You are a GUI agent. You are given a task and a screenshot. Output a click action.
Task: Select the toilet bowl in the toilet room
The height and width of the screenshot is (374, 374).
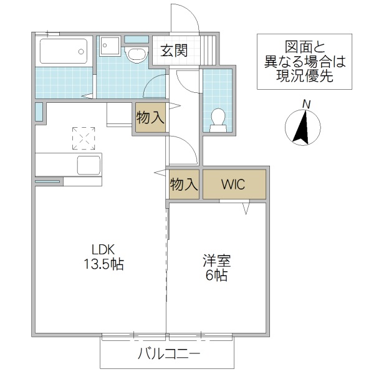pyautogui.click(x=218, y=119)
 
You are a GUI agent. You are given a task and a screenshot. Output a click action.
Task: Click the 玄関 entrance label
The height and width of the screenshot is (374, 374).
pyautogui.click(x=175, y=50)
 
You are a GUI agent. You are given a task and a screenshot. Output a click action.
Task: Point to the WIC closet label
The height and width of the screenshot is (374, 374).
pyautogui.click(x=234, y=185)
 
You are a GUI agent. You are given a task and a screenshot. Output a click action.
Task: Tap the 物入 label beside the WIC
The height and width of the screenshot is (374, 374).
pyautogui.click(x=184, y=185)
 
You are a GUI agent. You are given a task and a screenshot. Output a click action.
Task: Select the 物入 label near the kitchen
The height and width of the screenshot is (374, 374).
pyautogui.click(x=150, y=118)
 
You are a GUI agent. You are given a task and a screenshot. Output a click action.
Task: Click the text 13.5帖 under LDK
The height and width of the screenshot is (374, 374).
pyautogui.click(x=104, y=264)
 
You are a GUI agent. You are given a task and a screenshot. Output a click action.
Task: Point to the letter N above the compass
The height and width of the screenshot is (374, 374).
pyautogui.click(x=305, y=103)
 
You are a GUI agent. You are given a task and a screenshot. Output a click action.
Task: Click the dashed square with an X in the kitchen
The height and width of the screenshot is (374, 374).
pyautogui.click(x=84, y=138)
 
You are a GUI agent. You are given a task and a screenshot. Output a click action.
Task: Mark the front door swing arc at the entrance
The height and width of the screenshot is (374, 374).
pyautogui.click(x=185, y=19)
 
